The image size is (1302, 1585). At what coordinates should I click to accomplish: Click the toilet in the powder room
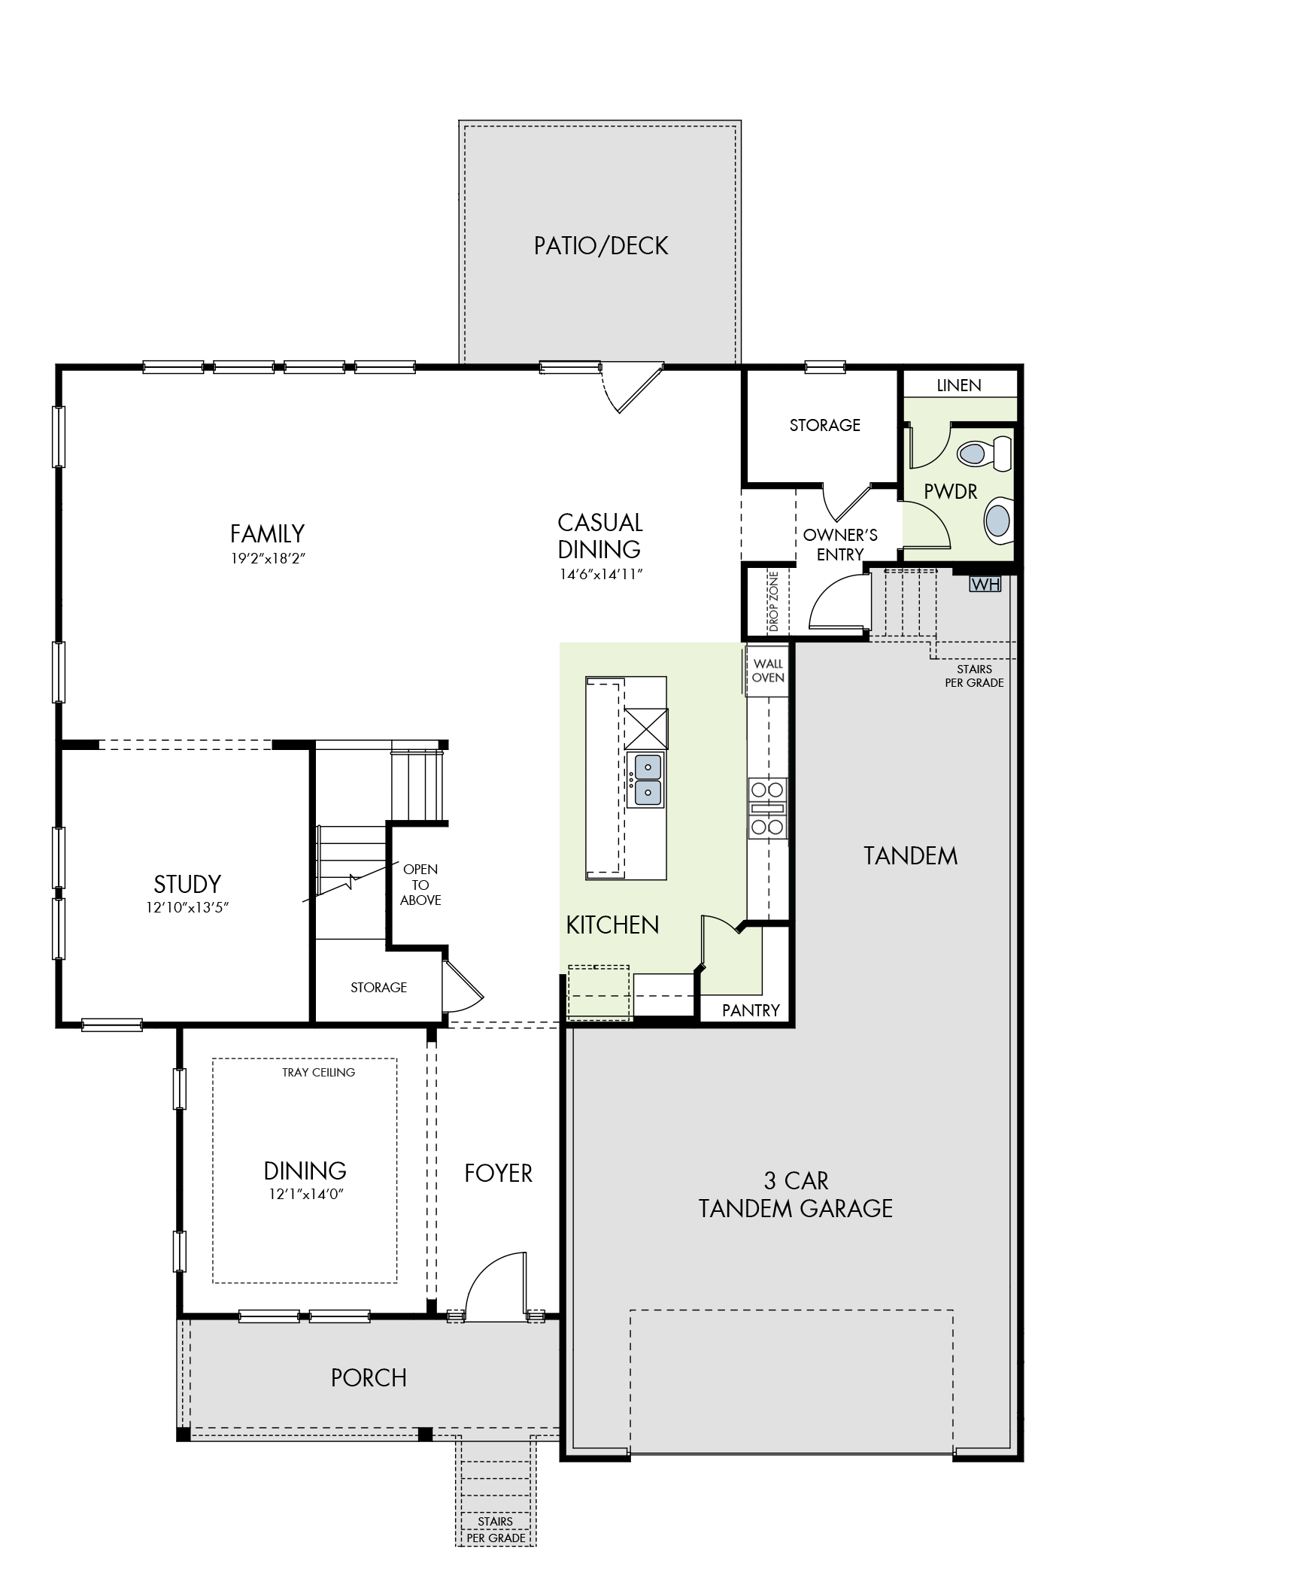pyautogui.click(x=985, y=453)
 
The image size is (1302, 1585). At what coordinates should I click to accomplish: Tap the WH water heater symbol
pyautogui.click(x=985, y=585)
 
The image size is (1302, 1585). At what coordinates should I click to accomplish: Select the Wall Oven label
pyautogui.click(x=768, y=670)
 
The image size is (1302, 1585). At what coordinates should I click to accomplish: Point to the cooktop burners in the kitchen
pyautogui.click(x=767, y=809)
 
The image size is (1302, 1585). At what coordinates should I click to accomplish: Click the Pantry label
pyautogui.click(x=751, y=1010)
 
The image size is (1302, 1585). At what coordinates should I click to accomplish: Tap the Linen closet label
pyautogui.click(x=959, y=385)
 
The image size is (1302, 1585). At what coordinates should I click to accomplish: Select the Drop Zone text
pyautogui.click(x=774, y=602)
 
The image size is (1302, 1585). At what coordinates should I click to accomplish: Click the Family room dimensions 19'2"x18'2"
pyautogui.click(x=267, y=559)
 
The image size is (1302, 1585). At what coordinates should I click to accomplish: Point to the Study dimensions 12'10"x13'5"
pyautogui.click(x=187, y=908)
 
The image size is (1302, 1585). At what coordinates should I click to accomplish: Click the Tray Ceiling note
pyautogui.click(x=318, y=1072)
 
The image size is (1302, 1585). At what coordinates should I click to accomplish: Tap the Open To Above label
pyautogui.click(x=420, y=885)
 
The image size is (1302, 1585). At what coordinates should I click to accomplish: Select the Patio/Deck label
pyautogui.click(x=601, y=245)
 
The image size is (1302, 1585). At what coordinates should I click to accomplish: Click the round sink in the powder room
pyautogui.click(x=999, y=519)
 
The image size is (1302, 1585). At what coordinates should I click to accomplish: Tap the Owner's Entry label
pyautogui.click(x=840, y=545)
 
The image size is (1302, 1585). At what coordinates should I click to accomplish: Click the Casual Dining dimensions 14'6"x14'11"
pyautogui.click(x=600, y=575)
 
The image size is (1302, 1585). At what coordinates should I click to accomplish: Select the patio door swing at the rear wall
pyautogui.click(x=632, y=389)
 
